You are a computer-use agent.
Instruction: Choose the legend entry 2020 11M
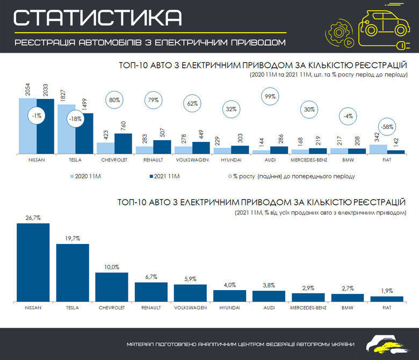[x=86, y=175]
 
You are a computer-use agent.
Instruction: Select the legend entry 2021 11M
[x=163, y=175]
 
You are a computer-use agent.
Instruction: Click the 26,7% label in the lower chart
[x=33, y=218]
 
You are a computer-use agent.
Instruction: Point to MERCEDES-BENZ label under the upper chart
[x=308, y=160]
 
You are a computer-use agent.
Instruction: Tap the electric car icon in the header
[x=376, y=24]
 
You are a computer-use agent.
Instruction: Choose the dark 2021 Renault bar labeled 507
[x=162, y=147]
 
